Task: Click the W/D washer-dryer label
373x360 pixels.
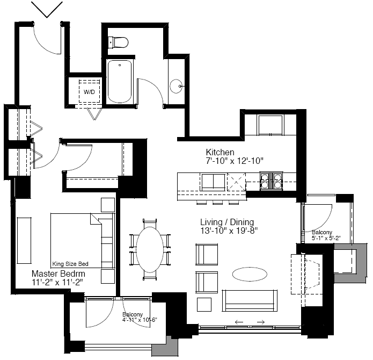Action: coord(89,92)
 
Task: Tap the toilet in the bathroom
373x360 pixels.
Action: coord(118,42)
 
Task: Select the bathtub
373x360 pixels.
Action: coord(120,82)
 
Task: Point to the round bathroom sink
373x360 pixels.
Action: coord(176,86)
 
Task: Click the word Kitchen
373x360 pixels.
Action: coord(220,152)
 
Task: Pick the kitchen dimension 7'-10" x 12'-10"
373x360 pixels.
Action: coord(235,161)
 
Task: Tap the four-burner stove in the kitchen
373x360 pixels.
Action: coord(271,181)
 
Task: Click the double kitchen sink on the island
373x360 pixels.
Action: coord(213,182)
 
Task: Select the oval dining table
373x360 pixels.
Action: coord(150,249)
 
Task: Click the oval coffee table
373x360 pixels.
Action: coord(250,274)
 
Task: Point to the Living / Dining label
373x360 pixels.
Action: coord(227,222)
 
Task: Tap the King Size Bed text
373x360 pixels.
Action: coord(70,264)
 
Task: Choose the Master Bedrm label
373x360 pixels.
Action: coord(58,273)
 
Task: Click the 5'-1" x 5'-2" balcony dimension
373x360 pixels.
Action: coord(326,238)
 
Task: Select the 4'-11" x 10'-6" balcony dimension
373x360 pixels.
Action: coord(140,320)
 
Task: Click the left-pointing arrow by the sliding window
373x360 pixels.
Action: coord(239,322)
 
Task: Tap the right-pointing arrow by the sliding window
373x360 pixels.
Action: coord(261,322)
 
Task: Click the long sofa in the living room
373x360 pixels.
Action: coord(250,300)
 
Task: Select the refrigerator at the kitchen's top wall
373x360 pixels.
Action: coord(270,125)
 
